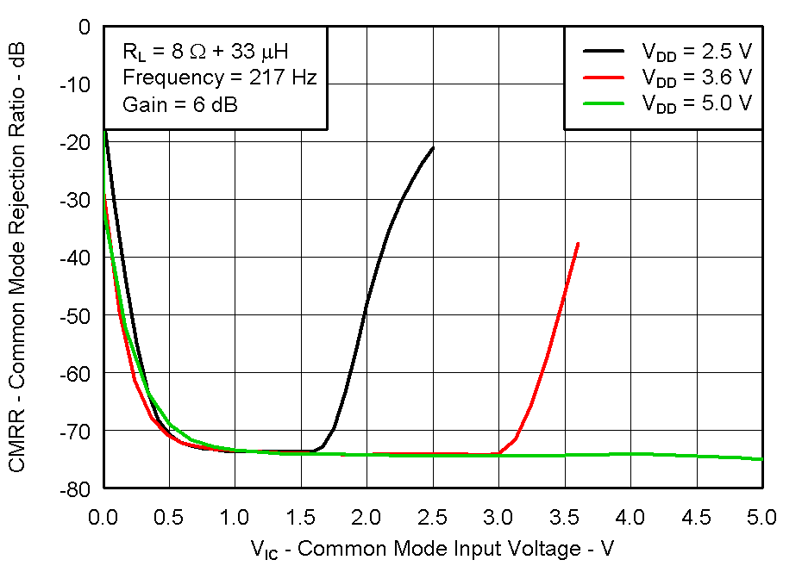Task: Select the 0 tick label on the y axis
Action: pos(85,27)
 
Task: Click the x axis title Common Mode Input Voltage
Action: pos(432,548)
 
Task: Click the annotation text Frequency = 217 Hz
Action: pos(220,78)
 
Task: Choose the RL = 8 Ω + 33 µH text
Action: pos(211,51)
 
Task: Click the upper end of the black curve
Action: pos(433,147)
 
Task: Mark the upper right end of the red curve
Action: pos(578,243)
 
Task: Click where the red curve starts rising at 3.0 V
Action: pos(499,453)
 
